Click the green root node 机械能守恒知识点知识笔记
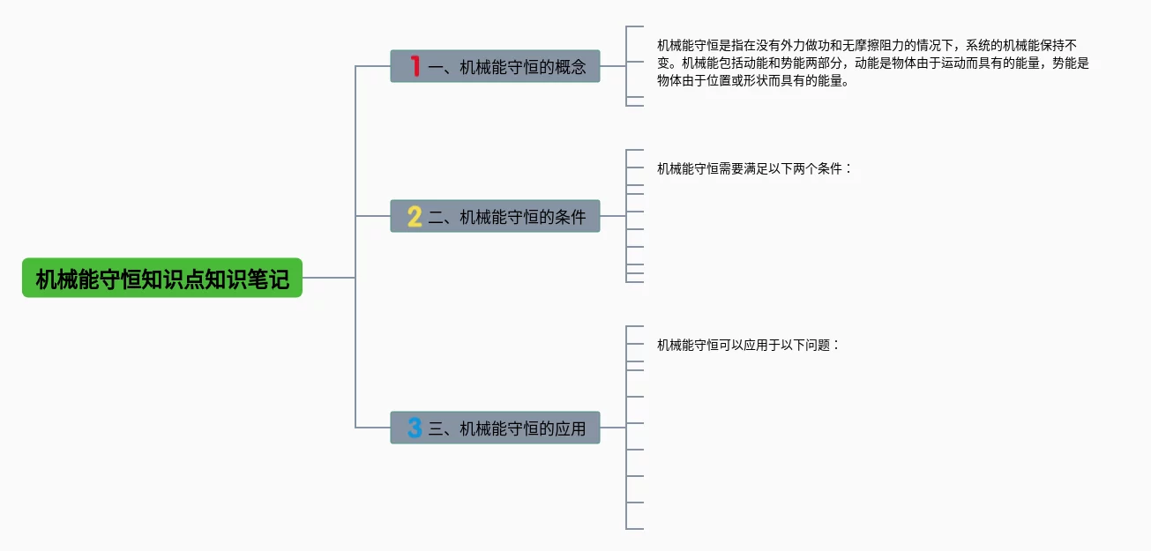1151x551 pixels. click(162, 278)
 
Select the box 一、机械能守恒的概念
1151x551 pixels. click(495, 66)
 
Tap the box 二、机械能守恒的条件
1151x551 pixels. click(495, 216)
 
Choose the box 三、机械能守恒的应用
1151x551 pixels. click(495, 428)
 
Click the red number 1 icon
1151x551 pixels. click(415, 66)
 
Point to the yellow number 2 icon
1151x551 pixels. click(415, 216)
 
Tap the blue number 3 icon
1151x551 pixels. click(415, 428)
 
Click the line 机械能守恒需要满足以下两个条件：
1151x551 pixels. click(754, 168)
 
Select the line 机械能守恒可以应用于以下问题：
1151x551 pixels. click(748, 345)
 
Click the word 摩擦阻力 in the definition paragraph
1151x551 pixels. click(867, 45)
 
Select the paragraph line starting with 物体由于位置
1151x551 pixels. click(753, 80)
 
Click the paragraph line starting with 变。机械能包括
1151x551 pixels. click(873, 63)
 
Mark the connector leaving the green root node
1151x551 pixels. click(329, 278)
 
